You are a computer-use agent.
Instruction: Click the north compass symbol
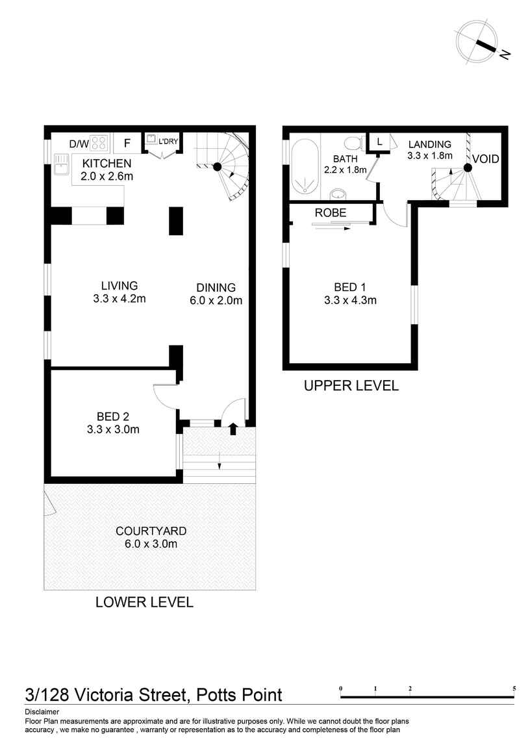pyautogui.click(x=477, y=42)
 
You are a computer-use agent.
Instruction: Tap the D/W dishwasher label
pyautogui.click(x=79, y=142)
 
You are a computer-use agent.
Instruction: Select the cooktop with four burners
pyautogui.click(x=99, y=142)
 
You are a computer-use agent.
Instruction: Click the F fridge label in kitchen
pyautogui.click(x=127, y=142)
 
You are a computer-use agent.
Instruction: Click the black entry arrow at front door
pyautogui.click(x=234, y=426)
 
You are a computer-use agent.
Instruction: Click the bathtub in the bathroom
pyautogui.click(x=303, y=166)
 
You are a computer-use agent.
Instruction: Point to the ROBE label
pyautogui.click(x=331, y=212)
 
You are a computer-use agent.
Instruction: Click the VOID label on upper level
pyautogui.click(x=486, y=158)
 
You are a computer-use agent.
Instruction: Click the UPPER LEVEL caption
pyautogui.click(x=351, y=386)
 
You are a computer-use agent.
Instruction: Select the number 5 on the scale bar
pyautogui.click(x=514, y=688)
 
